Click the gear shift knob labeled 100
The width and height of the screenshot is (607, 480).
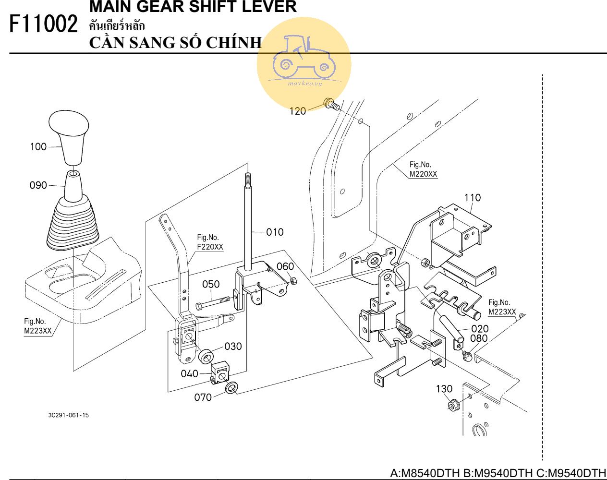coord(69,137)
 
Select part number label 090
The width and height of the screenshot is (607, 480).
coord(38,185)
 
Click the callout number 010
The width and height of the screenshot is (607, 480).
coord(275,232)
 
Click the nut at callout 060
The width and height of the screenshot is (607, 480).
coord(292,281)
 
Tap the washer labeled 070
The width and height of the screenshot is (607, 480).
coord(231,387)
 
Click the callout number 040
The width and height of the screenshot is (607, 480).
coord(189,373)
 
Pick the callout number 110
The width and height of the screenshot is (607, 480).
coord(473,198)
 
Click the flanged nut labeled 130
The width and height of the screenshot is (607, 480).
coord(453,406)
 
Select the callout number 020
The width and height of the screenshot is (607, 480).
coord(480,329)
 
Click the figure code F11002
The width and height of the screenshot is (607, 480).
coord(43,24)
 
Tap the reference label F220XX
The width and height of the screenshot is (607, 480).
coord(210,247)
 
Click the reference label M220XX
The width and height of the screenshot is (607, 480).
coord(423,174)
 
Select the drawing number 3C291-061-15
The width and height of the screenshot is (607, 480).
coord(68,415)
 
